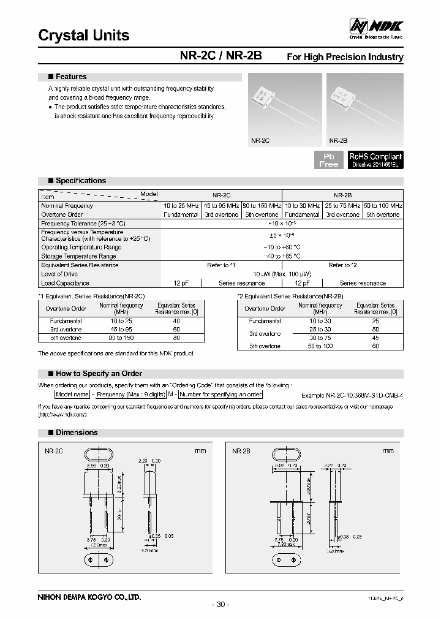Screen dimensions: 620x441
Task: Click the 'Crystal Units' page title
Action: (84, 36)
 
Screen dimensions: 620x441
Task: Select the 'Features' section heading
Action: (70, 77)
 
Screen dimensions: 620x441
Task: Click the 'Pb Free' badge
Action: (329, 161)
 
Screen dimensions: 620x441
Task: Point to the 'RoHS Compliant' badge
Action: (375, 160)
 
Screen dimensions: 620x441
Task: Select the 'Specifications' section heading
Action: (80, 181)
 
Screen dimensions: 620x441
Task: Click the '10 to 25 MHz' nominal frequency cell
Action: (181, 206)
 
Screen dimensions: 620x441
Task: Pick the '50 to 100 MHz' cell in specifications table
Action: (383, 206)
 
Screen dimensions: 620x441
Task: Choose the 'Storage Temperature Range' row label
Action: (78, 256)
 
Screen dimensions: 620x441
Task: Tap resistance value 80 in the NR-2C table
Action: (176, 338)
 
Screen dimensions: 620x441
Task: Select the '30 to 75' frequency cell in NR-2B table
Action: (320, 338)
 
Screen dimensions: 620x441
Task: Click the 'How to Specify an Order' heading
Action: (99, 373)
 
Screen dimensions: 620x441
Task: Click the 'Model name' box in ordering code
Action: (72, 395)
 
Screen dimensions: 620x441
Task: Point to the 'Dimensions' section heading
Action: (77, 433)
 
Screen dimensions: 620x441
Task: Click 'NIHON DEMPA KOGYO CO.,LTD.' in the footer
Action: (89, 596)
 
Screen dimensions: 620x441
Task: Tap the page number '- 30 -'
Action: (221, 605)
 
